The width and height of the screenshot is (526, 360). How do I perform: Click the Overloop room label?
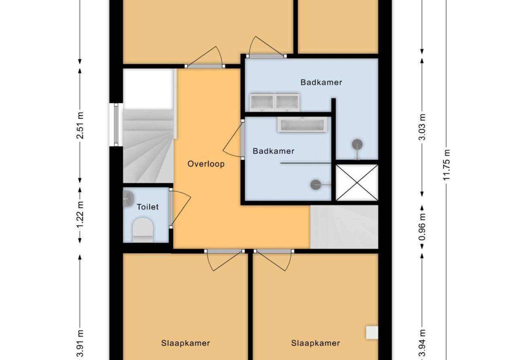[206, 164]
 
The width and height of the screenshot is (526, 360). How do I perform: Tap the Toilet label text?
[147, 207]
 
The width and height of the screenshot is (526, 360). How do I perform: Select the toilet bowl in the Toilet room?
[143, 230]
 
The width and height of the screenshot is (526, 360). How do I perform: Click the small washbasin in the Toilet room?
[128, 199]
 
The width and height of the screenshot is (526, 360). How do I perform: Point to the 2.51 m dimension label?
[80, 125]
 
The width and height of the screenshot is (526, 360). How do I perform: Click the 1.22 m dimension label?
[80, 214]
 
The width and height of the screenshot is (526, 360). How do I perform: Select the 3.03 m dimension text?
[422, 127]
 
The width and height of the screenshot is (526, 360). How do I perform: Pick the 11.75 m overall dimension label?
[446, 165]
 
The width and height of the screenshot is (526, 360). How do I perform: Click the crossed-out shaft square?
[357, 182]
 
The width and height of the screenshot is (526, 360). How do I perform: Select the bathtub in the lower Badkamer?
[303, 124]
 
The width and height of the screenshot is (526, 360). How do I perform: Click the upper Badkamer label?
[321, 83]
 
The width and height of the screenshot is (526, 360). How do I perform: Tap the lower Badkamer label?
[274, 151]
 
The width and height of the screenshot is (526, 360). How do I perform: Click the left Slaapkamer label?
[185, 343]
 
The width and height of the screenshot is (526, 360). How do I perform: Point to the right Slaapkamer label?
[315, 343]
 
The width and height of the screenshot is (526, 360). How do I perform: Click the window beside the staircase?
[116, 125]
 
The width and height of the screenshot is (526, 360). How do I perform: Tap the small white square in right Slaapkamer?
[372, 332]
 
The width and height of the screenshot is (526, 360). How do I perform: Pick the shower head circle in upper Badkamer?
[357, 144]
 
